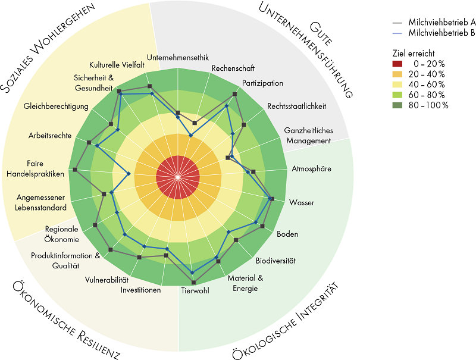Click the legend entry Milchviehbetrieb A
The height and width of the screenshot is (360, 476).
point(442,23)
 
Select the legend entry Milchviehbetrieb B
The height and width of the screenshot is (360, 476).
point(442,33)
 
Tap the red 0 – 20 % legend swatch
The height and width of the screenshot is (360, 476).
point(397,64)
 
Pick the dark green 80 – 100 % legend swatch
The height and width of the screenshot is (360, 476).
point(397,105)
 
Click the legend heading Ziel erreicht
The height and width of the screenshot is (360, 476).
point(414,54)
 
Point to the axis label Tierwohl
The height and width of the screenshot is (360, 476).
point(195,290)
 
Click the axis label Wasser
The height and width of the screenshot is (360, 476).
point(302,202)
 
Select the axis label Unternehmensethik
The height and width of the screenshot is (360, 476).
point(178,57)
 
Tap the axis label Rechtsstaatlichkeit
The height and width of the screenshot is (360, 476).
point(296,107)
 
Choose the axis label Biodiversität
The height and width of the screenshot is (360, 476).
point(275,261)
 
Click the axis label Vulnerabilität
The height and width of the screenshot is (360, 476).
point(107,280)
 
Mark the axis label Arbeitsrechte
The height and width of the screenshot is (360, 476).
point(50,136)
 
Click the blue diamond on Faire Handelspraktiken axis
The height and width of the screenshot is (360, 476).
point(129,174)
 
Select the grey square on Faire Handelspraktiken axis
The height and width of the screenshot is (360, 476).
point(75,170)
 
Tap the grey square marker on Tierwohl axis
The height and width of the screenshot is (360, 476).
point(194,283)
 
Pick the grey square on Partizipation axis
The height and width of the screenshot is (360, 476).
point(234,94)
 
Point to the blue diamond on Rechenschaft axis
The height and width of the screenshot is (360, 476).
point(190,136)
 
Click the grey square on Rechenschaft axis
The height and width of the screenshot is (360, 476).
point(195,123)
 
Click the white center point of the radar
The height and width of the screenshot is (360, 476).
point(178,177)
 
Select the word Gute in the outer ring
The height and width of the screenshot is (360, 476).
point(321,34)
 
